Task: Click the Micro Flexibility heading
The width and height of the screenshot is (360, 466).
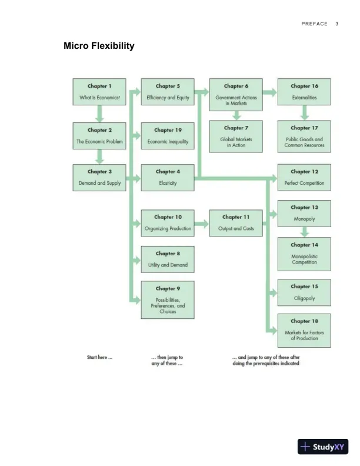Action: [x=99, y=45]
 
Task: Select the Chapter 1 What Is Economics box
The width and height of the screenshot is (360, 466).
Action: [x=99, y=92]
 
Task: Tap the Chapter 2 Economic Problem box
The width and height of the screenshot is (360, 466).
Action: [x=99, y=136]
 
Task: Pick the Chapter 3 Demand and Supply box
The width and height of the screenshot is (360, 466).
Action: [x=99, y=177]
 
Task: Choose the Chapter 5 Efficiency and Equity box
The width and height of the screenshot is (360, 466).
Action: [x=168, y=92]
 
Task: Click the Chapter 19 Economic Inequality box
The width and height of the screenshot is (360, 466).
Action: [x=168, y=136]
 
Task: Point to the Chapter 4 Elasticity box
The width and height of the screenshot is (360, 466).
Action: [x=168, y=177]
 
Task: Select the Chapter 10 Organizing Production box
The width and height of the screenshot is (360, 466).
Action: [x=168, y=222]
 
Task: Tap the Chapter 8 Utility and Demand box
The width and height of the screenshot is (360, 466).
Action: [x=168, y=259]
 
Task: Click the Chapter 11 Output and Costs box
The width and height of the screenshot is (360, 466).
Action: [x=236, y=222]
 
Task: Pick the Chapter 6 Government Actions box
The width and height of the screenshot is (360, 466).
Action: [x=236, y=94]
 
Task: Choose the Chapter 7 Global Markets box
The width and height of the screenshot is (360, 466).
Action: [x=236, y=136]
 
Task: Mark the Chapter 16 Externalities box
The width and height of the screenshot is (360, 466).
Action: [x=304, y=92]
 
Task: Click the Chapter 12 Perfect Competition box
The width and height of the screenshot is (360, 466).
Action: [x=304, y=177]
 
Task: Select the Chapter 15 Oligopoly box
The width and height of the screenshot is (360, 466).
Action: [x=304, y=292]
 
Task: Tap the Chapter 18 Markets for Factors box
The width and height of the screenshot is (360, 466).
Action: [x=304, y=330]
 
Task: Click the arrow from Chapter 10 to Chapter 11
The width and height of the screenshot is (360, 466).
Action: [x=202, y=223]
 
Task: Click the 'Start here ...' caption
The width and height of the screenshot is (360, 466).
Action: [x=99, y=357]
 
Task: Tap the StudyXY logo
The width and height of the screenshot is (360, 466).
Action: [x=323, y=447]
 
